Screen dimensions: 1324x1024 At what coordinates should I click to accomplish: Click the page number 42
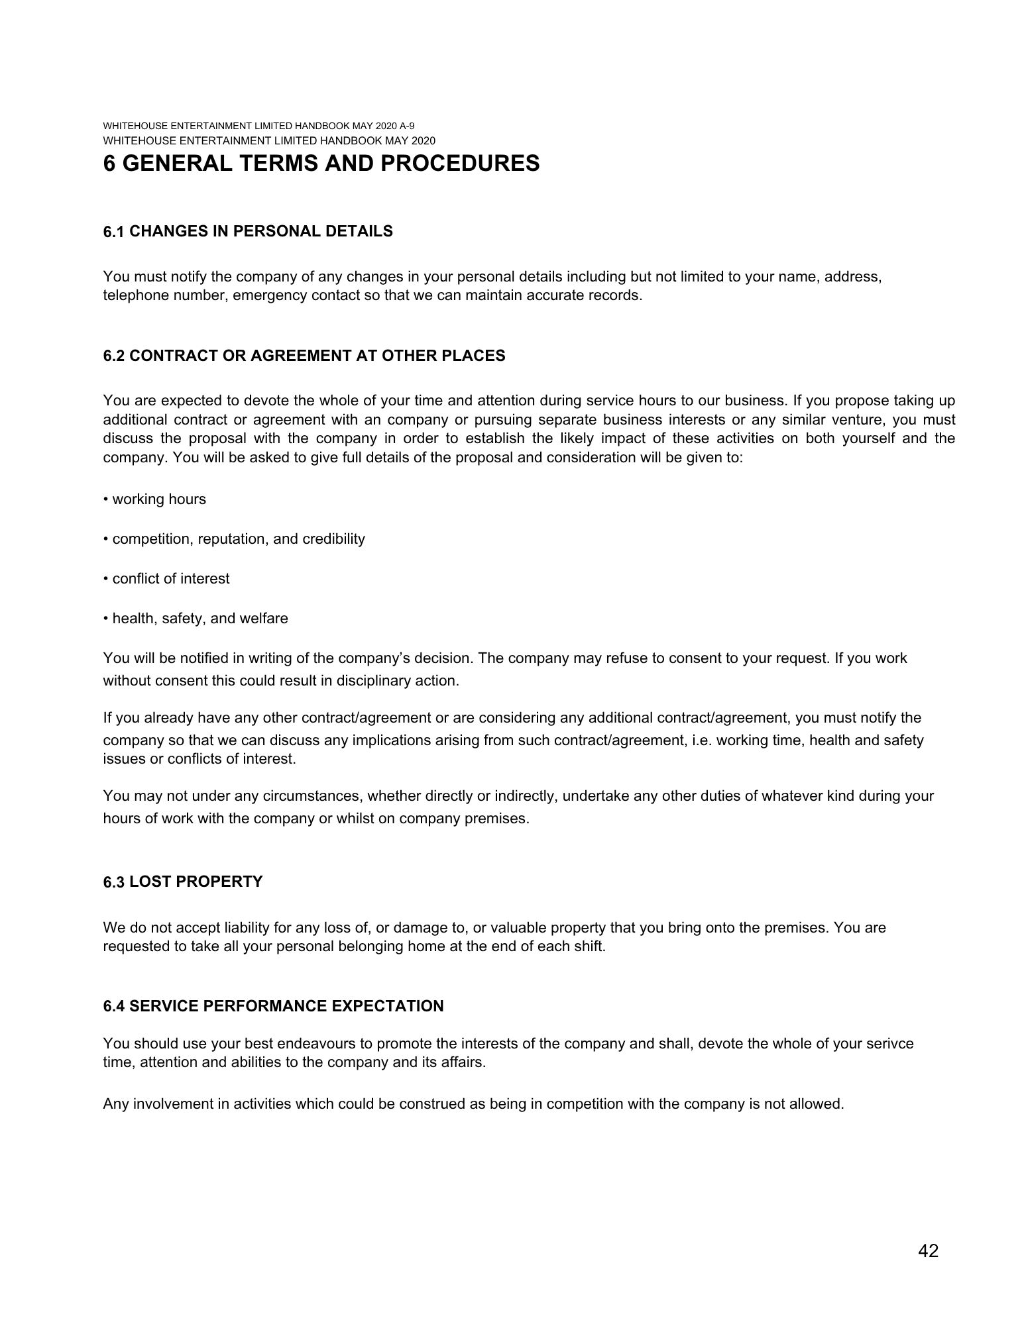928,1250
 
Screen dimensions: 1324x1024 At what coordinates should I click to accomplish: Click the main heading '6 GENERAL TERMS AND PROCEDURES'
321,163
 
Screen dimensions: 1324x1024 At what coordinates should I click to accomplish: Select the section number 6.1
113,232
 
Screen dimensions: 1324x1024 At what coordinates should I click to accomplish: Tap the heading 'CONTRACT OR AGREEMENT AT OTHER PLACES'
317,356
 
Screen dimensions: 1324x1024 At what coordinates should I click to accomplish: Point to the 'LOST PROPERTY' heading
196,882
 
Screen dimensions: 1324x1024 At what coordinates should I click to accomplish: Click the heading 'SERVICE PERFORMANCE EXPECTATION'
286,1006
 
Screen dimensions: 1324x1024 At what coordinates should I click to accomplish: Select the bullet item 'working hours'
159,499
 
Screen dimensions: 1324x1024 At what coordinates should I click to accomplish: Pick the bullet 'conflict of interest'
171,579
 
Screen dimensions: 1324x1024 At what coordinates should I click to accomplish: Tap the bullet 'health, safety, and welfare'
200,619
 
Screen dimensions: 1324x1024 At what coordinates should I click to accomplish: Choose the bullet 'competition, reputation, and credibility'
239,539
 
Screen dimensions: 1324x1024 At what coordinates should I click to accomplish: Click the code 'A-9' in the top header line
408,126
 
